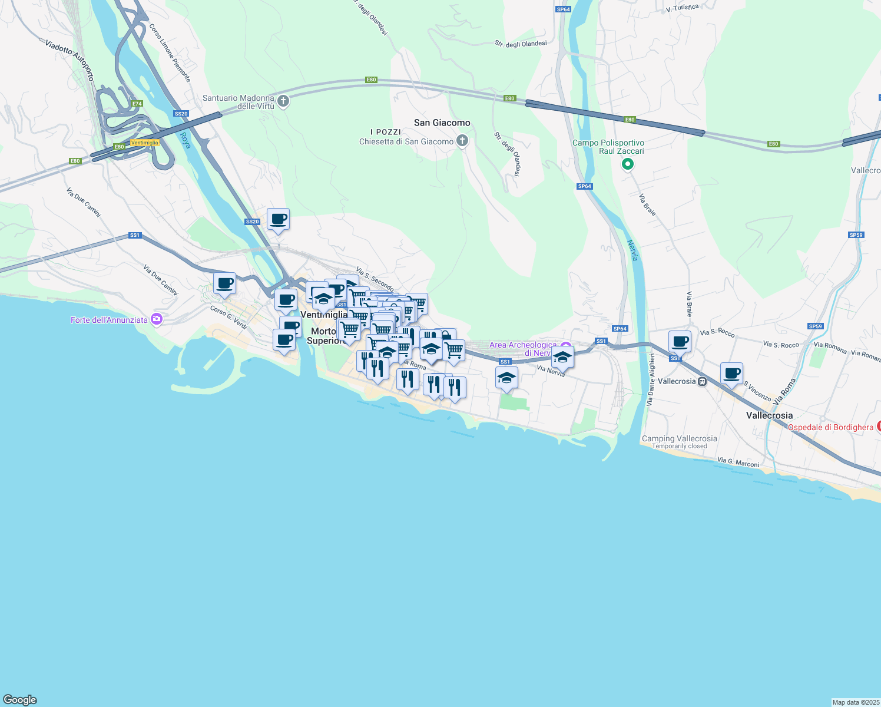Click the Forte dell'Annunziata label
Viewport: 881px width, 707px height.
tap(109, 320)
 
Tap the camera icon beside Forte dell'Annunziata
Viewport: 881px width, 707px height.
tap(156, 319)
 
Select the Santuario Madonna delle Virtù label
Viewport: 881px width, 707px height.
tap(239, 102)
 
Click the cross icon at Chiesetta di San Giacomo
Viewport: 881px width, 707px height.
tap(462, 141)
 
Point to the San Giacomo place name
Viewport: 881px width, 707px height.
tap(442, 123)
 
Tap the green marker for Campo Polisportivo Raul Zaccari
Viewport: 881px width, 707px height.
tap(627, 164)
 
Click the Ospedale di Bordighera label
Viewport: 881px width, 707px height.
tap(830, 427)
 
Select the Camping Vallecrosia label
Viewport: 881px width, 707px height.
tap(679, 438)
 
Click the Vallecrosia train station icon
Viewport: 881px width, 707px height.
tap(702, 381)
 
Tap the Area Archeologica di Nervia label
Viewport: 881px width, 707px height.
tap(522, 349)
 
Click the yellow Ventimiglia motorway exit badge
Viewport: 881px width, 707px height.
tap(144, 143)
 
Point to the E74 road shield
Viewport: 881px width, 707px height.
tap(137, 104)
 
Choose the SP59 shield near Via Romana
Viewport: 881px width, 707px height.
tap(815, 326)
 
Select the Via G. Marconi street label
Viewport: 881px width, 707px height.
tap(738, 462)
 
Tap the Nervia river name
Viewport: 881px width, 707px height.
tap(632, 250)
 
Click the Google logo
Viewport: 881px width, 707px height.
tap(20, 700)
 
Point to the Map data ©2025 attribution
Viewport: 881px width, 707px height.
tap(855, 702)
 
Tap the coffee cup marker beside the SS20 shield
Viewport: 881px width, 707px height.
tap(278, 219)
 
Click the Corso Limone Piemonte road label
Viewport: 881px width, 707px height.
tap(170, 52)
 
